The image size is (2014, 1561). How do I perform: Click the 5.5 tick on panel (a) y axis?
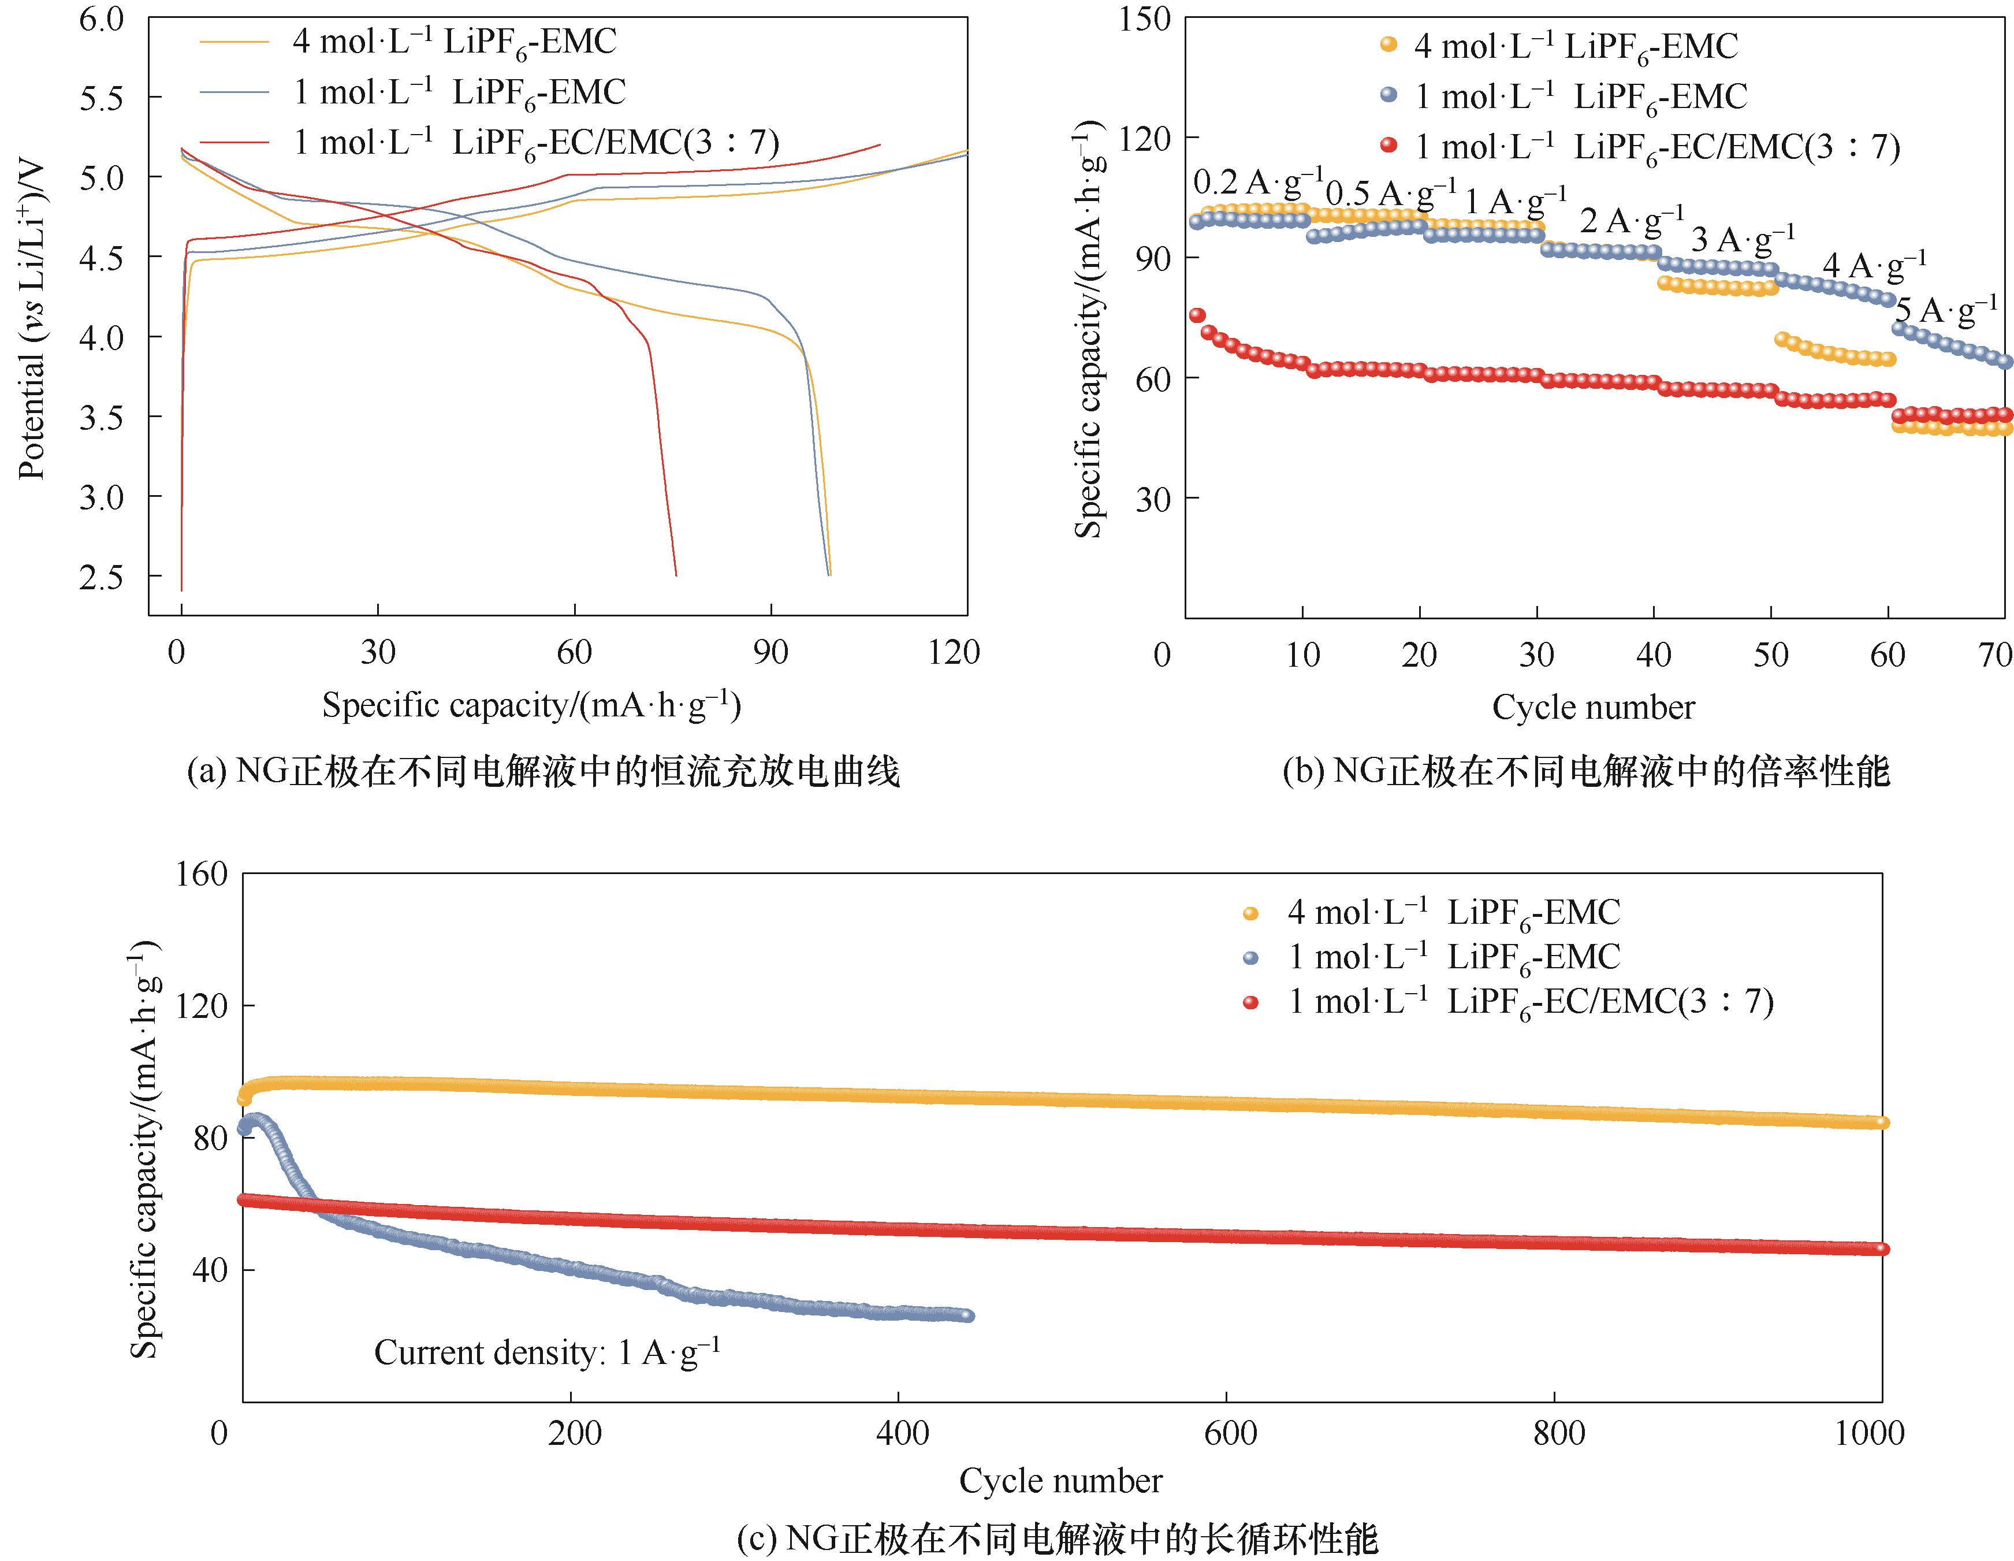point(102,98)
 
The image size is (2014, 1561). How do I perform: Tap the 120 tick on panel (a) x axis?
point(954,652)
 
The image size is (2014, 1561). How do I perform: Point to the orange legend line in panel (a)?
point(235,42)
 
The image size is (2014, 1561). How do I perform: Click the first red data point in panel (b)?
point(1197,315)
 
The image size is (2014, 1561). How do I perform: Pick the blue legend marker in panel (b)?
point(1388,95)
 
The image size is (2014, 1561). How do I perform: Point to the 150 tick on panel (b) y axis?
point(1144,18)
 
